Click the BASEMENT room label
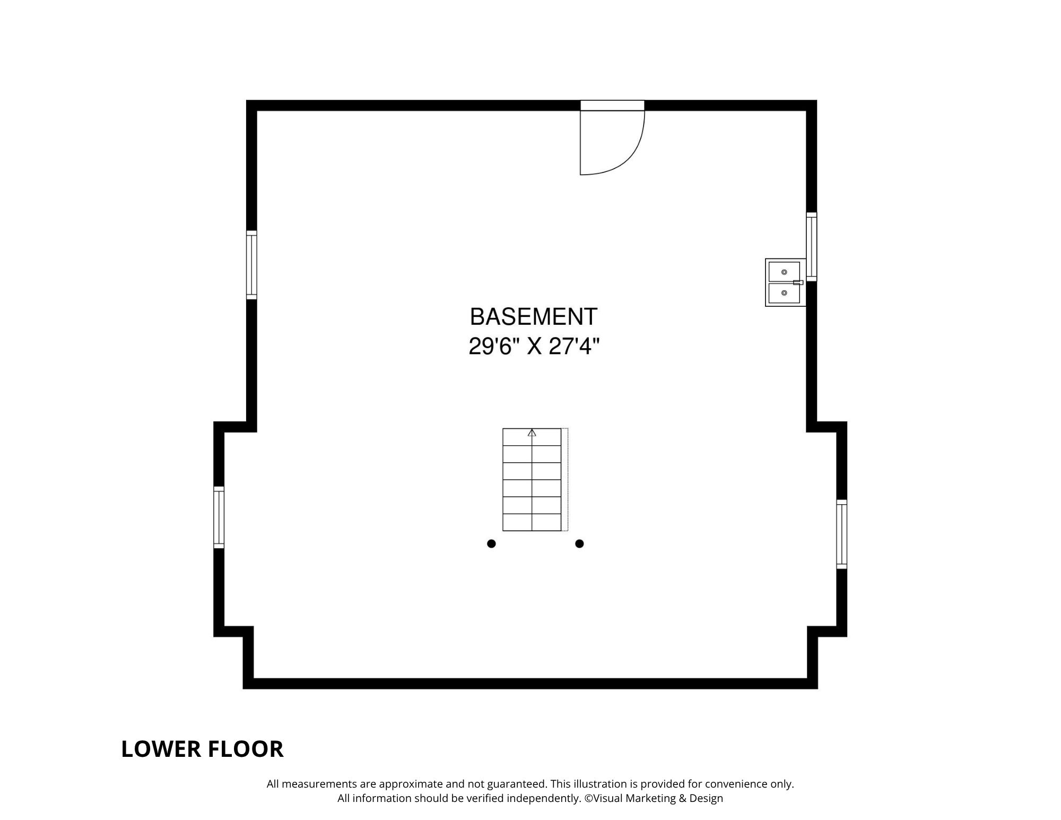point(534,317)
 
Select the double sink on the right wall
point(784,282)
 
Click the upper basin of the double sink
point(784,271)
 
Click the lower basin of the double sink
point(784,293)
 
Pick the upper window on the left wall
point(251,265)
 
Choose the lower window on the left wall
point(219,517)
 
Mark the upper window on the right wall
point(812,247)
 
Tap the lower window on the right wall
point(842,534)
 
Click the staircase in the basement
point(532,480)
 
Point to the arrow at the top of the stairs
point(532,433)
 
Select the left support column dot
point(491,543)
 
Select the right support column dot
point(579,543)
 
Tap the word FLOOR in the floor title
point(246,749)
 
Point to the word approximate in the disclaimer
point(411,784)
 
